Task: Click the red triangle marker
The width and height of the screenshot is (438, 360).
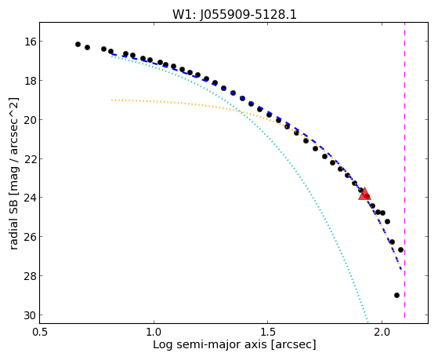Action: (x=364, y=195)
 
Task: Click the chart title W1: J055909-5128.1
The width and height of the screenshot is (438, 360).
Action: (x=234, y=14)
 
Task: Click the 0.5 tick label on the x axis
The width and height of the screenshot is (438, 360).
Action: (x=40, y=332)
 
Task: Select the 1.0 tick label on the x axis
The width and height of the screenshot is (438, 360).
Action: (x=154, y=332)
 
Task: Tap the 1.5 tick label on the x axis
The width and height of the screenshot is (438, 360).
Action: (x=268, y=332)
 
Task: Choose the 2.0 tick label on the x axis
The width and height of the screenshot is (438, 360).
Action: (x=382, y=332)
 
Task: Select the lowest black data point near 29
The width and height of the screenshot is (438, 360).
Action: (x=396, y=295)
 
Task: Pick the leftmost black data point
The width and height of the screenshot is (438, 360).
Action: (x=78, y=44)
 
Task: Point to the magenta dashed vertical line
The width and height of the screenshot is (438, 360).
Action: (x=404, y=170)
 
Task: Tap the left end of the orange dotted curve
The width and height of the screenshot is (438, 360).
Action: (x=112, y=100)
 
